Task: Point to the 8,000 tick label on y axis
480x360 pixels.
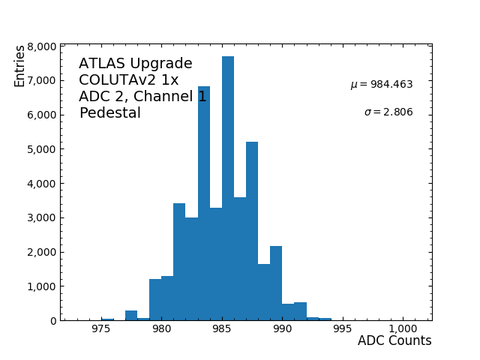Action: [41, 46]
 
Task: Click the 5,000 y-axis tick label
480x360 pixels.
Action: [41, 149]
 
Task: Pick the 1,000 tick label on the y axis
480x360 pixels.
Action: [41, 286]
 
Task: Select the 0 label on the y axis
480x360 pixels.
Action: [52, 321]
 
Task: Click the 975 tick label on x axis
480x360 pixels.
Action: [101, 329]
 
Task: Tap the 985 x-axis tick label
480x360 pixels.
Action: [222, 329]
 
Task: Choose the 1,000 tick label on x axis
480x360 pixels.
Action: [403, 329]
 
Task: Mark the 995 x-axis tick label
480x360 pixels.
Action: [342, 329]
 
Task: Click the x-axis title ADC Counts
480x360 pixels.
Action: [394, 341]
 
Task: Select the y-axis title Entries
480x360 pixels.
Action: [19, 65]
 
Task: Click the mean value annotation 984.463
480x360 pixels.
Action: [382, 85]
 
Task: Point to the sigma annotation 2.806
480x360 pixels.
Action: [388, 112]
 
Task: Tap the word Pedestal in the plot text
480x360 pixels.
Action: [110, 113]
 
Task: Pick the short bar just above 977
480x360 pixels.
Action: [131, 316]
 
